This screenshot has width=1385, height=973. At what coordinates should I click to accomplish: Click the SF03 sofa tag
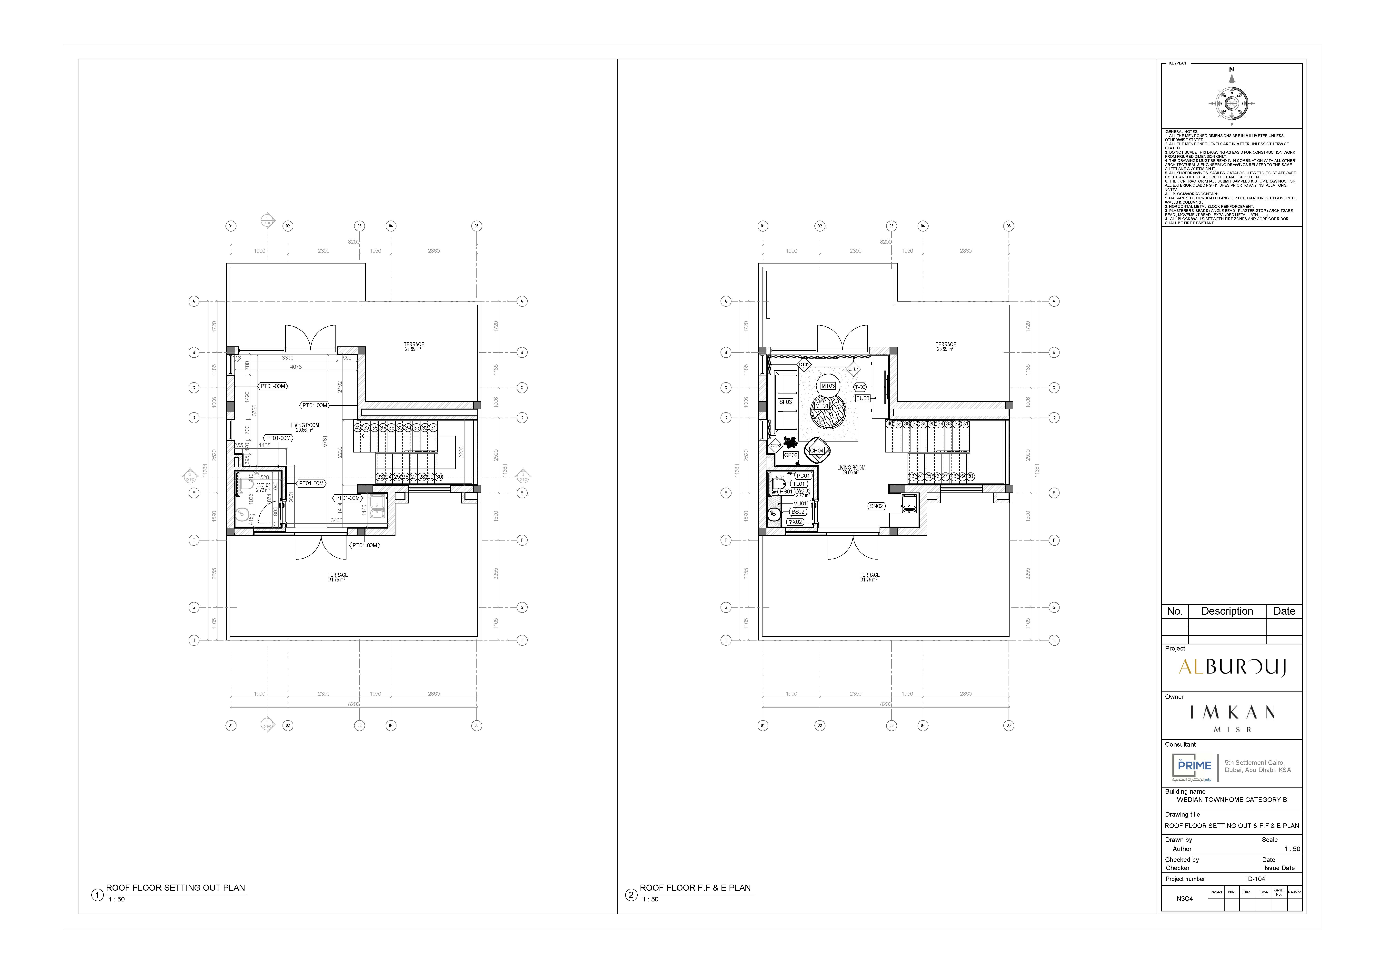785,402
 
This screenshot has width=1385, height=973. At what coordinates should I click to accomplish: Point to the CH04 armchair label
816,451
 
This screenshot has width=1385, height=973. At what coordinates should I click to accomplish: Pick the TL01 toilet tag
799,484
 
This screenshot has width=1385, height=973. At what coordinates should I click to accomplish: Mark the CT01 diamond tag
853,369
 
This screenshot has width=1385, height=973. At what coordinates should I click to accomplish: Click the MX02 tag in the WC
796,522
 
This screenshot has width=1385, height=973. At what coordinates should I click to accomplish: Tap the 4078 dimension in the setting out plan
296,367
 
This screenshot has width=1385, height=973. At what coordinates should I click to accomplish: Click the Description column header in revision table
1227,611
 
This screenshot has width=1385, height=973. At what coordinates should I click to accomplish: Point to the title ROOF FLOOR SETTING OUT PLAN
175,888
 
